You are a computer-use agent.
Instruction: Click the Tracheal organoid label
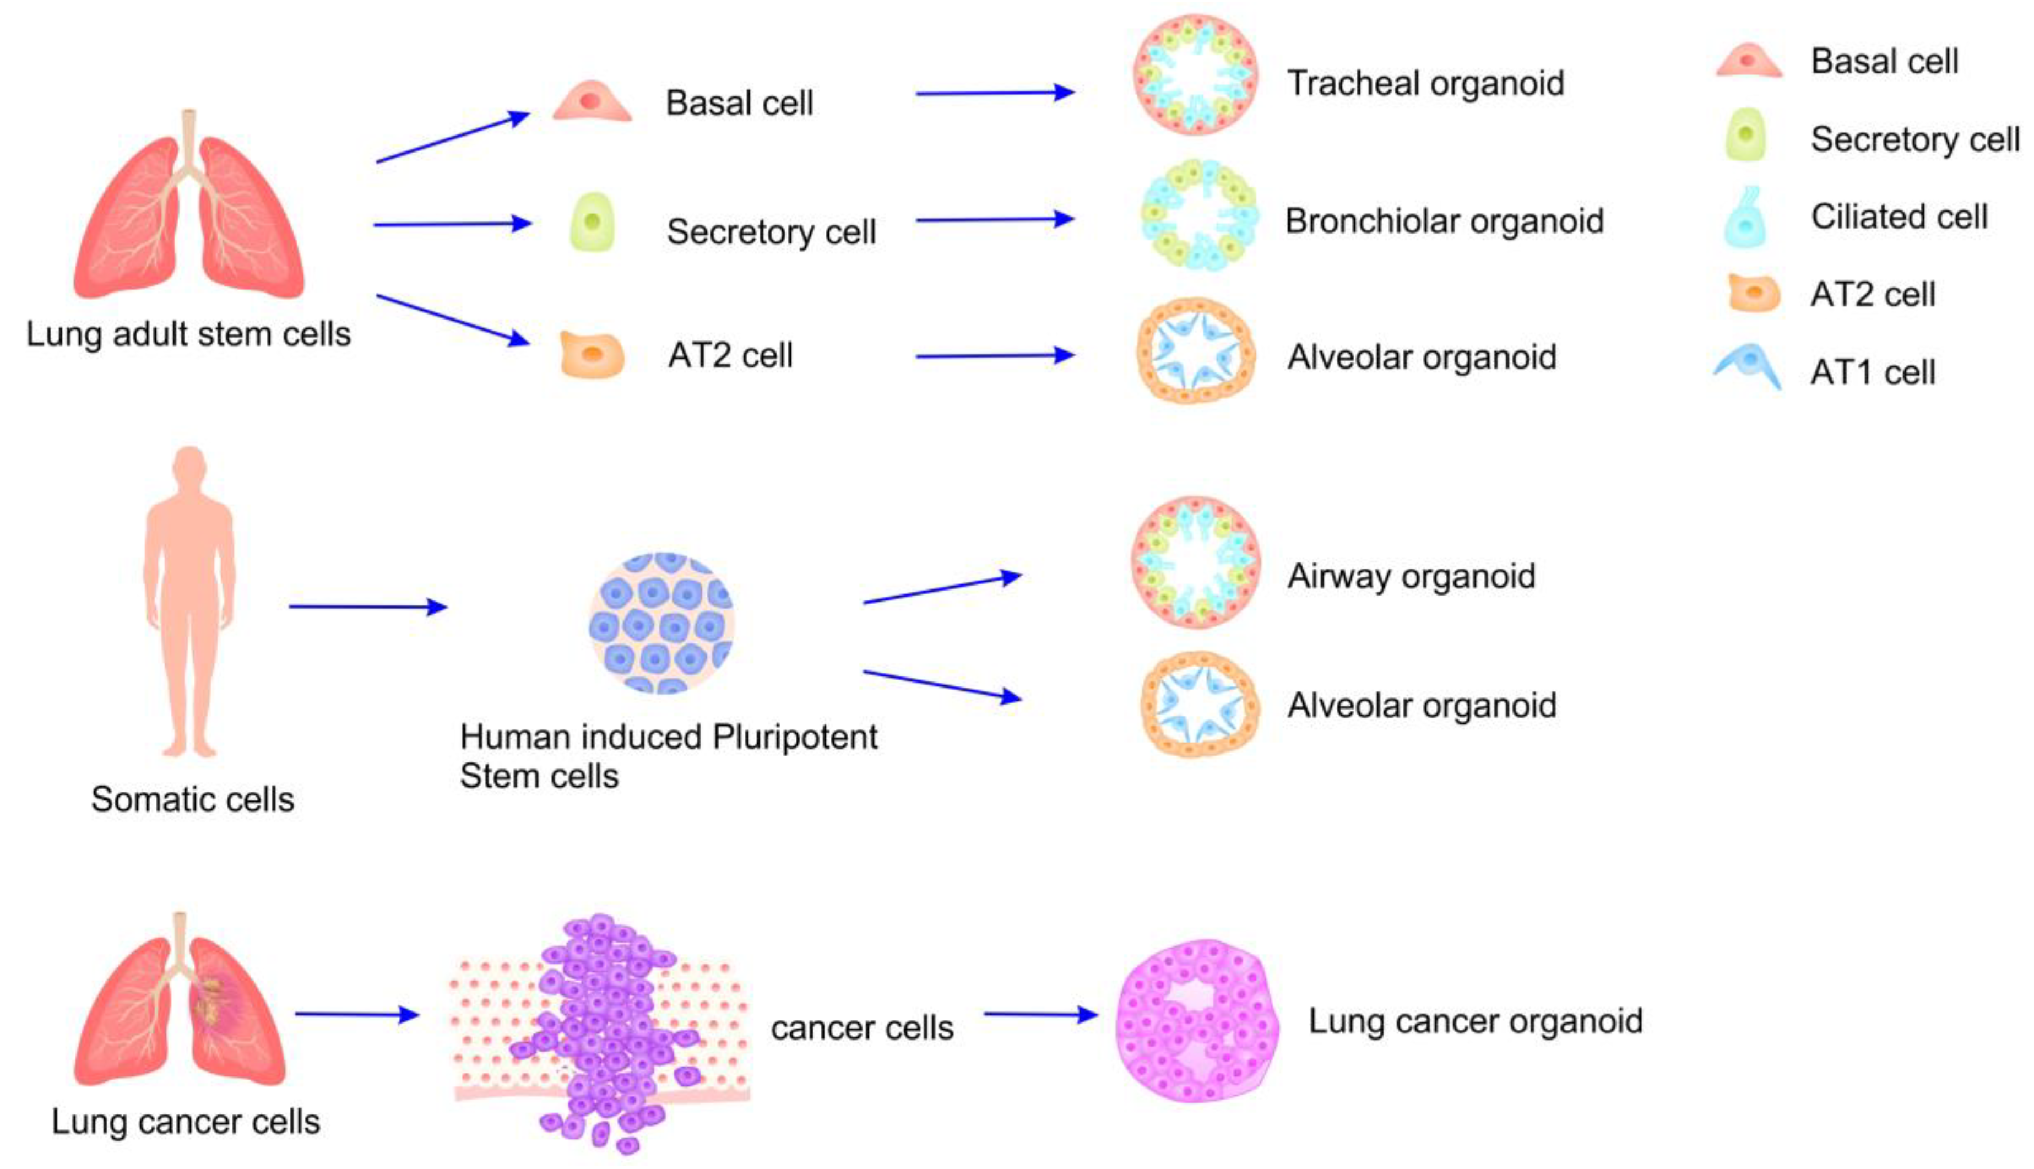pos(1425,83)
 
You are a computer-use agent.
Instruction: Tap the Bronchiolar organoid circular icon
pos(1198,215)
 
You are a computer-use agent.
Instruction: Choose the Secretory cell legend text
pos(1914,140)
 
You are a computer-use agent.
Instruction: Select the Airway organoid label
pos(1411,576)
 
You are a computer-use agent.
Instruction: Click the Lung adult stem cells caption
pos(188,334)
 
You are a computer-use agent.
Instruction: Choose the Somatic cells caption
pos(193,800)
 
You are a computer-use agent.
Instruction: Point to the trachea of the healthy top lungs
pos(188,137)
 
